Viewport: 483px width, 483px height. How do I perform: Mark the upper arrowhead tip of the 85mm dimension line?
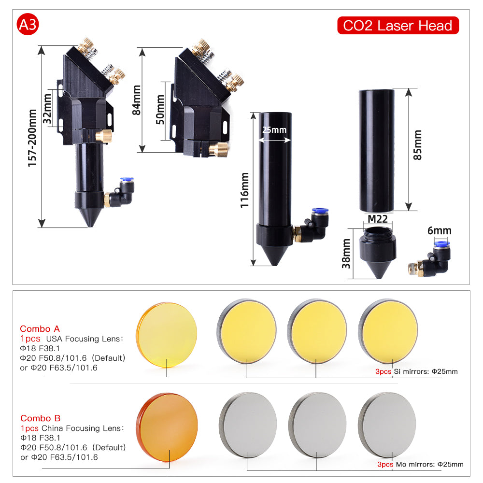coord(409,89)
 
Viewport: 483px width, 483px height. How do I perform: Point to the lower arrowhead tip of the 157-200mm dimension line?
coord(42,227)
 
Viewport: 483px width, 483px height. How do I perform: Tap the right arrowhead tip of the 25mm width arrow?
coord(290,140)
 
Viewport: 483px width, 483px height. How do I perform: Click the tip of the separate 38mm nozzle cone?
coord(379,278)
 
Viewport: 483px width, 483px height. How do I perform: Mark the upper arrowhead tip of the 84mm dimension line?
coord(142,48)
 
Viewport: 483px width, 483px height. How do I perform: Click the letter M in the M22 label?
coord(372,219)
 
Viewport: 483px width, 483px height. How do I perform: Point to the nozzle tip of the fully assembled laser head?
coord(91,227)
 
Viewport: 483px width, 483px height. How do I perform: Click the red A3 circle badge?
coord(28,24)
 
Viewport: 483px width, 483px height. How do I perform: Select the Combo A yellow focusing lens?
coord(167,335)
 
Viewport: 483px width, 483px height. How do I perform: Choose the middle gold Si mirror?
coord(317,331)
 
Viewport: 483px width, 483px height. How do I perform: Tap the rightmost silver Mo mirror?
coord(387,425)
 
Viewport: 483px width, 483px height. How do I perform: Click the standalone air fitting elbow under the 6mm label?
coord(429,259)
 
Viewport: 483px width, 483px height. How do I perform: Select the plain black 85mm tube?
coord(376,151)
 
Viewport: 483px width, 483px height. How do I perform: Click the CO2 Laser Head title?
coord(398,26)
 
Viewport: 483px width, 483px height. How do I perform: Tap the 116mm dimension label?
coord(244,190)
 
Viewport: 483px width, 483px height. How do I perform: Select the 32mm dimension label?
coord(47,109)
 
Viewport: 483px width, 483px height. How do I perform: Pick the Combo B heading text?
coord(41,418)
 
